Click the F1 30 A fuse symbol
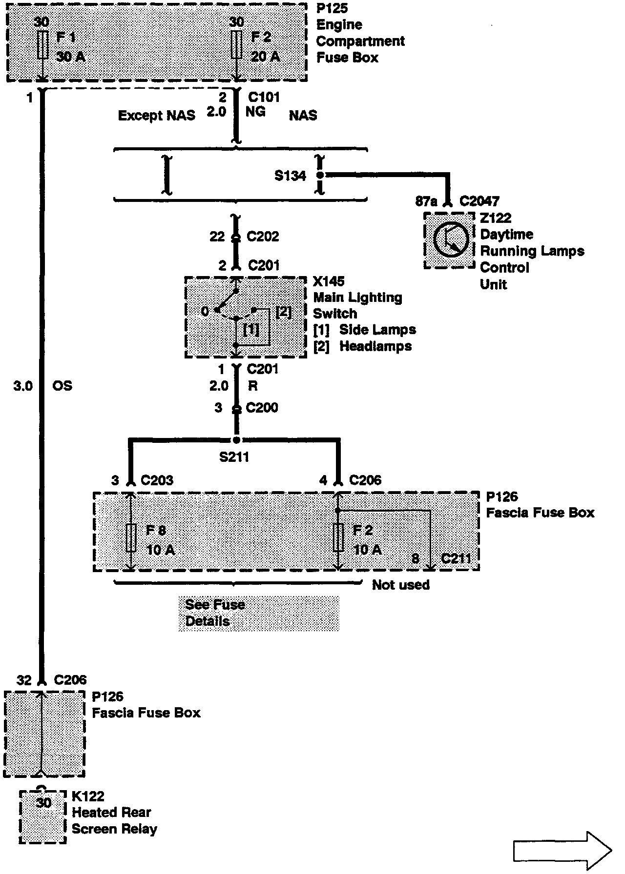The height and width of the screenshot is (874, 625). (x=42, y=45)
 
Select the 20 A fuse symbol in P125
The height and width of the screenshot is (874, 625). (x=236, y=45)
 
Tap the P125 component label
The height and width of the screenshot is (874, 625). (x=332, y=8)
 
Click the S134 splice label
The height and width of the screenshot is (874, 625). (x=290, y=176)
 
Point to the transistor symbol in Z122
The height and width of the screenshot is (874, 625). (x=451, y=240)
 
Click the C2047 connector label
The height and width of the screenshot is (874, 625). (x=479, y=201)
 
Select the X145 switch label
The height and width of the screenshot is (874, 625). (x=329, y=281)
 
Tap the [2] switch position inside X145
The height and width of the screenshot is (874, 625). (x=284, y=312)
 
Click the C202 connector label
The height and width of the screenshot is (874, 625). (x=263, y=237)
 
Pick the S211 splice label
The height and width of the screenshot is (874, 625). (x=234, y=457)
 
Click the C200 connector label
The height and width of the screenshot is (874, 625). (x=262, y=407)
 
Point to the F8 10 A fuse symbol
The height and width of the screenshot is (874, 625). (x=131, y=538)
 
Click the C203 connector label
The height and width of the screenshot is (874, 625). (x=157, y=480)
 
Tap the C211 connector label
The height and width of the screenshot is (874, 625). (x=456, y=558)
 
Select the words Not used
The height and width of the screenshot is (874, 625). (x=400, y=585)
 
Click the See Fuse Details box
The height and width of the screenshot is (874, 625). (x=258, y=613)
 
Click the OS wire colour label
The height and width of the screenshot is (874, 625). (x=62, y=386)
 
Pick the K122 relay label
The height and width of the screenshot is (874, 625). (x=88, y=796)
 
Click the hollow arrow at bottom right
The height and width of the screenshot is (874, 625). (x=562, y=851)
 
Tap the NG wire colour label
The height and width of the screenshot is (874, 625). (x=255, y=112)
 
